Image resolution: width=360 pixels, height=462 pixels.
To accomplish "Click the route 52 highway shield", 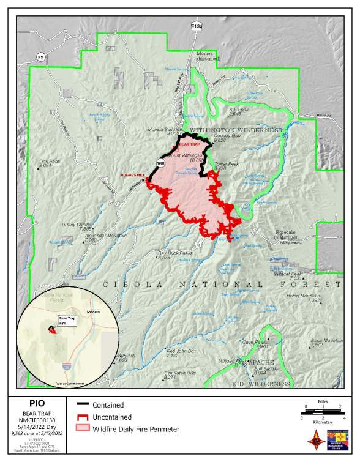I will tap(40, 57).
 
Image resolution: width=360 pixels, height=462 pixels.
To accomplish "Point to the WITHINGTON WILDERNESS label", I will tap(236, 130).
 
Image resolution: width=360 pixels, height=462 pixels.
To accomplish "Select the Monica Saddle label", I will tap(162, 130).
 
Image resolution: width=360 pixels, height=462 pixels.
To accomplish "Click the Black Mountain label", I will tap(326, 340).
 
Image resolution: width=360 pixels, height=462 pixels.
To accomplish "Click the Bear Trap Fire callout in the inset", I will tap(67, 320).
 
